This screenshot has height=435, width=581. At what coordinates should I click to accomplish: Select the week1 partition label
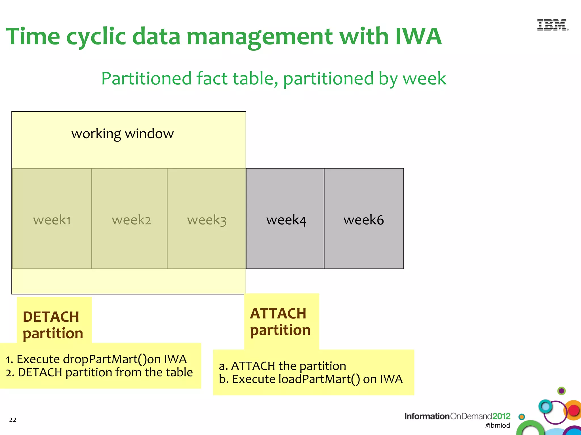pyautogui.click(x=52, y=220)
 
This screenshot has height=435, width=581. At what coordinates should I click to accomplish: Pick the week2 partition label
pyautogui.click(x=131, y=220)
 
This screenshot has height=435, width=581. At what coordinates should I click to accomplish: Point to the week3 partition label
pyautogui.click(x=207, y=220)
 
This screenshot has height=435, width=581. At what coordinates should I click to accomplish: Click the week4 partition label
pyautogui.click(x=286, y=220)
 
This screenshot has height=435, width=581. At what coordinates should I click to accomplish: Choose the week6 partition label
pyautogui.click(x=364, y=220)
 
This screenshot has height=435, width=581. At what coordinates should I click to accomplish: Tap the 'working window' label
pyautogui.click(x=122, y=133)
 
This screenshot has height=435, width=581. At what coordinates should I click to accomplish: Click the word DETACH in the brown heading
pyautogui.click(x=51, y=317)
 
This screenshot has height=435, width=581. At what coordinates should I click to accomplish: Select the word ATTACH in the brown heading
pyautogui.click(x=278, y=314)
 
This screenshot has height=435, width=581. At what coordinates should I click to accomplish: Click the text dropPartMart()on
pyautogui.click(x=112, y=359)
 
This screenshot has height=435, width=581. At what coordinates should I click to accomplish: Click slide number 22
pyautogui.click(x=13, y=420)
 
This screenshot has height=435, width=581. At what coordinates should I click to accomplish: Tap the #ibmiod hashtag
pyautogui.click(x=497, y=425)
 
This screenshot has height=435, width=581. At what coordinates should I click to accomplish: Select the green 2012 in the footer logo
pyautogui.click(x=501, y=416)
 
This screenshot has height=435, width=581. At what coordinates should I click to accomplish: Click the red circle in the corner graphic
pyautogui.click(x=574, y=410)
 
